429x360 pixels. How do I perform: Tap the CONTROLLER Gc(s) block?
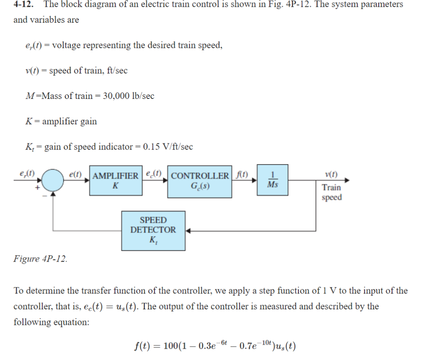coord(200,181)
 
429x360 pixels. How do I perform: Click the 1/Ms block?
coord(272,180)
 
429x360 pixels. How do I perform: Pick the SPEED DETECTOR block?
coord(153,230)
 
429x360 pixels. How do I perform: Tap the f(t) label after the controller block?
coord(242,175)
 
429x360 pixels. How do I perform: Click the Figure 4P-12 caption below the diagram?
coord(40,258)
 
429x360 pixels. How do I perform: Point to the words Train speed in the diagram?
coord(331,192)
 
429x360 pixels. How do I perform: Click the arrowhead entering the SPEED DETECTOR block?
coord(188,231)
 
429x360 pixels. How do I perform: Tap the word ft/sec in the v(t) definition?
coord(114,71)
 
